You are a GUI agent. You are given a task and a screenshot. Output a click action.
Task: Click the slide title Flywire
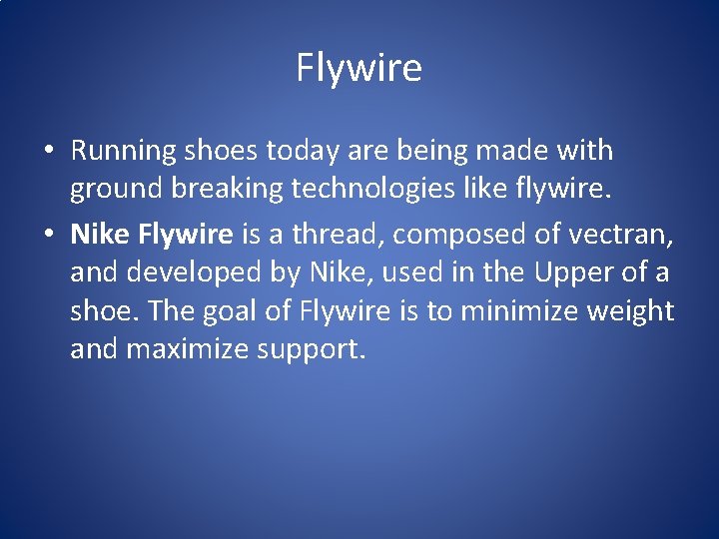coord(359,69)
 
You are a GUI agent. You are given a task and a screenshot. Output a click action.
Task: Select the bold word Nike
coord(100,234)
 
